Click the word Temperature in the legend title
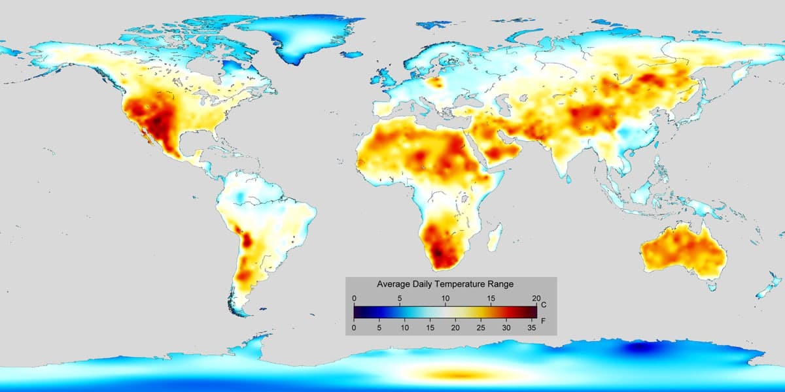453,284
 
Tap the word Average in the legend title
393,284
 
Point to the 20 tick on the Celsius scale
536,299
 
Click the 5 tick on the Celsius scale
400,299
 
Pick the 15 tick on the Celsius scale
491,299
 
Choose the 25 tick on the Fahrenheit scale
481,327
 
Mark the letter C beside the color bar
544,305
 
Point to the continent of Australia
684,252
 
